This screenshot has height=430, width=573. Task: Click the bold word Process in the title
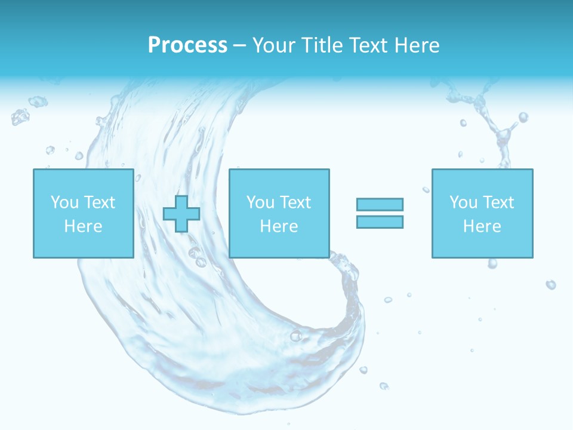pos(187,45)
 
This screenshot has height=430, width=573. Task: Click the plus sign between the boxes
pos(181,214)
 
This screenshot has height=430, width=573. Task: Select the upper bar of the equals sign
pos(380,204)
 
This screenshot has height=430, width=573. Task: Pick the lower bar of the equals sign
pos(380,222)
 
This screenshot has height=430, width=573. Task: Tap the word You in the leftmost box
pos(64,202)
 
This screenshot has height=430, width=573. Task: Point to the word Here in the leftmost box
pos(83,226)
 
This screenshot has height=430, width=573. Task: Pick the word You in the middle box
pos(260,202)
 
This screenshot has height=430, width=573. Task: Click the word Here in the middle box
pos(279,226)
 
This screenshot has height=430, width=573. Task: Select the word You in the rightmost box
pos(463,202)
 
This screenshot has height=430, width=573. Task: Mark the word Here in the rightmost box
pos(482,226)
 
